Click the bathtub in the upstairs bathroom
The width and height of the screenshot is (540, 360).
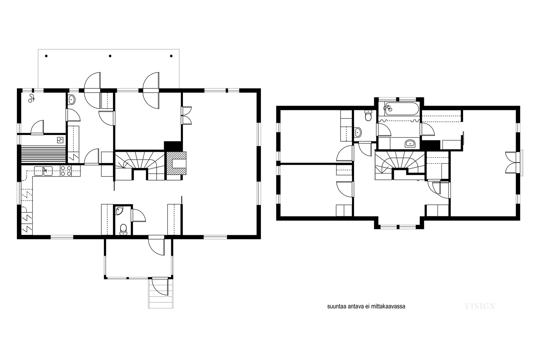tap(399, 109)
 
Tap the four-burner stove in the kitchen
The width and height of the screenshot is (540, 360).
tap(66, 171)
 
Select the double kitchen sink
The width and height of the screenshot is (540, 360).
tap(44, 171)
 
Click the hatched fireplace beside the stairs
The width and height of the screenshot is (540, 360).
tap(177, 163)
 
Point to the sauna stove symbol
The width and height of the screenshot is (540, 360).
tap(60, 140)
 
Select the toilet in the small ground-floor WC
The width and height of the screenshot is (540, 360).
tap(124, 229)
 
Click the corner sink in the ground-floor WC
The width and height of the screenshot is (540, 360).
tap(119, 211)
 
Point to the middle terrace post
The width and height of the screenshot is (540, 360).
tap(110, 56)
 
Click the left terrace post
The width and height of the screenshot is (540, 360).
tap(46, 56)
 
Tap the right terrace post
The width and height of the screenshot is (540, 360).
tap(171, 56)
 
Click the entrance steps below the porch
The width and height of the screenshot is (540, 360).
tap(161, 294)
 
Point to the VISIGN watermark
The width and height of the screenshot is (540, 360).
tap(480, 306)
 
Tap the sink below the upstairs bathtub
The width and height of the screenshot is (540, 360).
tap(410, 143)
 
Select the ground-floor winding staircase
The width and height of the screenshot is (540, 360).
tap(140, 165)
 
